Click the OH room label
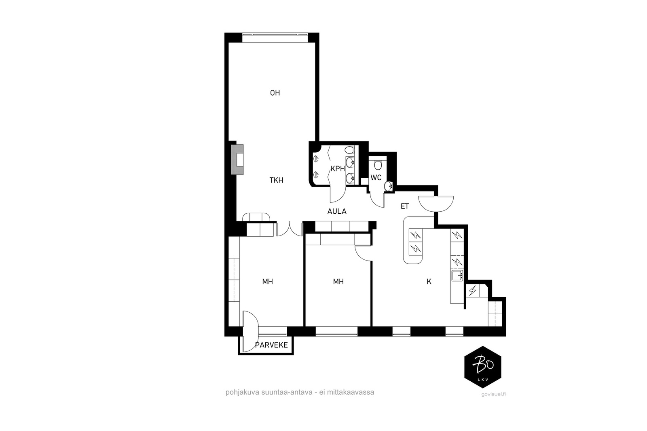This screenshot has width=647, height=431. pyautogui.click(x=275, y=93)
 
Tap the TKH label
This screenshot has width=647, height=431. pyautogui.click(x=276, y=180)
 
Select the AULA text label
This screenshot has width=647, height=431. pyautogui.click(x=337, y=212)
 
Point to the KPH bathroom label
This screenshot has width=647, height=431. pyautogui.click(x=338, y=169)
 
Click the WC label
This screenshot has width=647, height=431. pyautogui.click(x=376, y=178)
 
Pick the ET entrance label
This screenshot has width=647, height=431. pyautogui.click(x=405, y=206)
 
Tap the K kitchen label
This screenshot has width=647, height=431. pyautogui.click(x=429, y=282)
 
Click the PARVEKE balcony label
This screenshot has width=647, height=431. pyautogui.click(x=271, y=345)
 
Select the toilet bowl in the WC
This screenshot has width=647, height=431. pyautogui.click(x=378, y=165)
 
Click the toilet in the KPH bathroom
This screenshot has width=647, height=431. pyautogui.click(x=349, y=150)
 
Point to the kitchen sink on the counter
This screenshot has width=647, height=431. pyautogui.click(x=457, y=275)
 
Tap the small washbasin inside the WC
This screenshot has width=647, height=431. pyautogui.click(x=389, y=186)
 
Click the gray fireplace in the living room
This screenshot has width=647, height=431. pyautogui.click(x=237, y=160)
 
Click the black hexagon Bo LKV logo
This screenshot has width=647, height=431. pyautogui.click(x=483, y=367)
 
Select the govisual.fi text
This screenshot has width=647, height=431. pyautogui.click(x=494, y=394)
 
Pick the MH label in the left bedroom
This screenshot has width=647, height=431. pyautogui.click(x=267, y=282)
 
